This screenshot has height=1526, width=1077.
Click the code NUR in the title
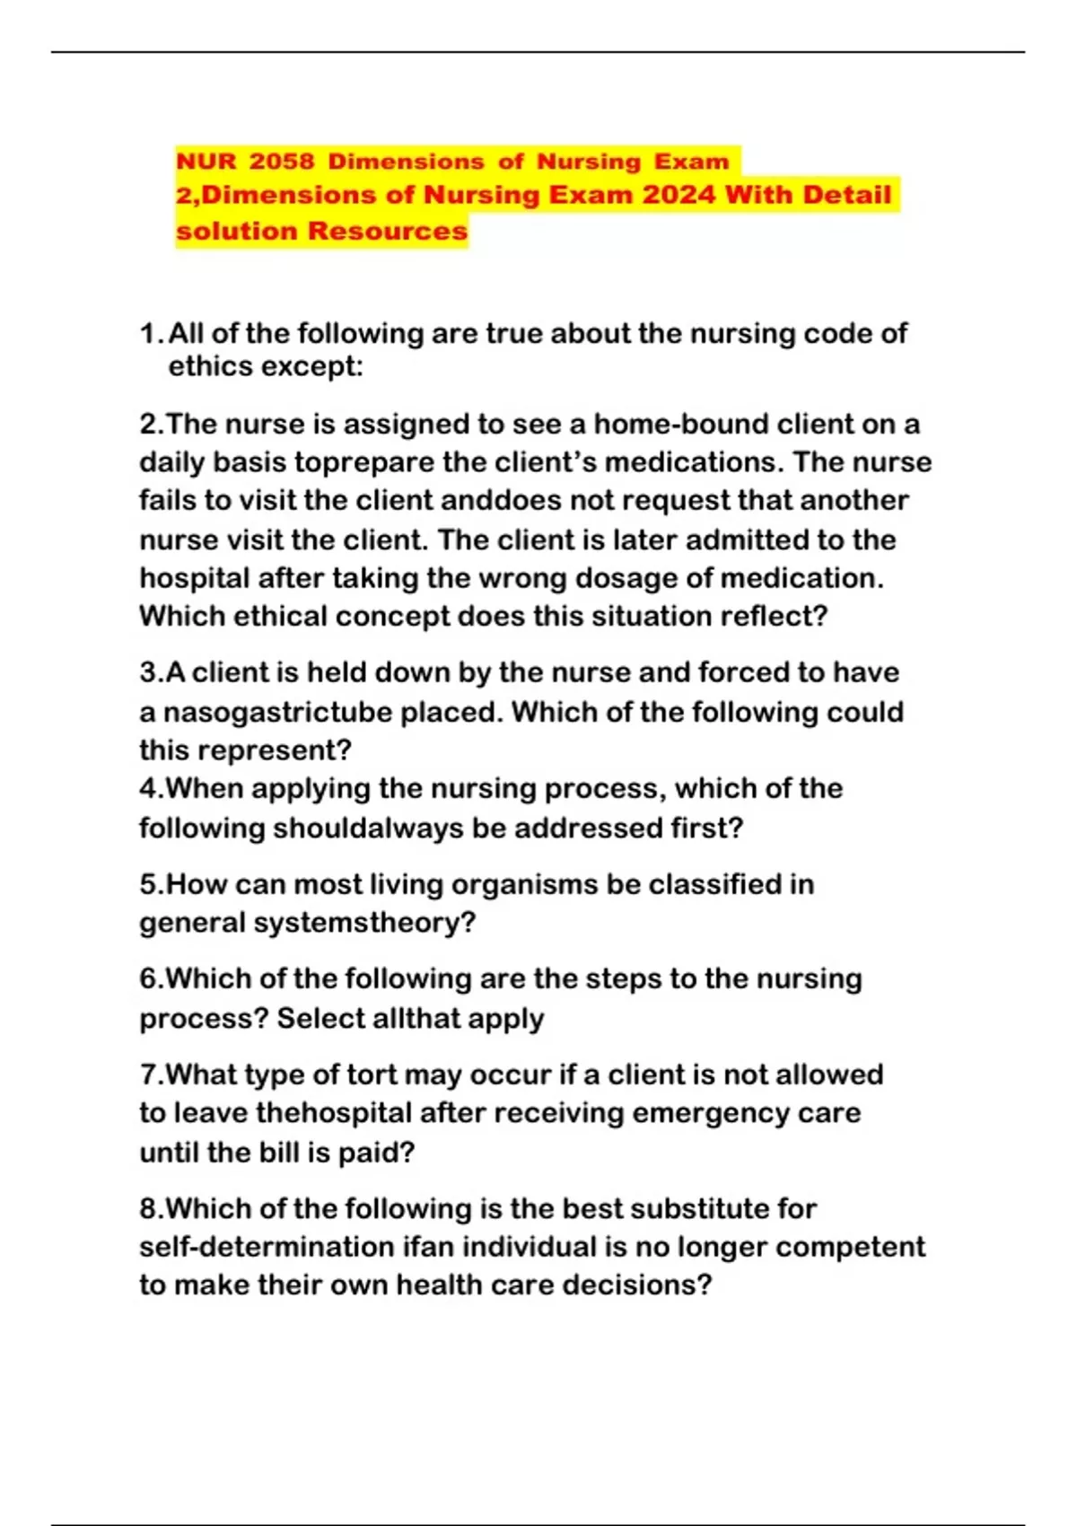pos(206,162)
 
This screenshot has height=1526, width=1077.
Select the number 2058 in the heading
pos(282,162)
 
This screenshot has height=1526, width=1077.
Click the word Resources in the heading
pos(387,231)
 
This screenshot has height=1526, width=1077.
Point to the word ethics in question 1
pos(210,366)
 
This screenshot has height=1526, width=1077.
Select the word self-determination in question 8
pos(267,1247)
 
